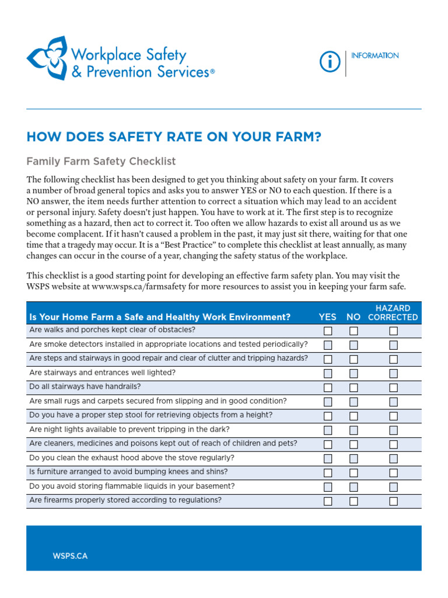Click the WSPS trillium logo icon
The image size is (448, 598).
(x=46, y=58)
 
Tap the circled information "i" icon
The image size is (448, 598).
(x=330, y=62)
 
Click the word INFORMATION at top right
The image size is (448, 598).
(x=375, y=55)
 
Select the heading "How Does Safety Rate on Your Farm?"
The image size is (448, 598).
(x=174, y=137)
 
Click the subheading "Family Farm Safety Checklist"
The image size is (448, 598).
(x=101, y=161)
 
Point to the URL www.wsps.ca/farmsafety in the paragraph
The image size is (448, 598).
(x=134, y=287)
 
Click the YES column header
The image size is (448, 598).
(x=327, y=317)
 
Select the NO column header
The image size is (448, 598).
(x=353, y=317)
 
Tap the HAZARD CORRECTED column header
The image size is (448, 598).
(x=393, y=312)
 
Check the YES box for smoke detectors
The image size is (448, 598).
(x=328, y=345)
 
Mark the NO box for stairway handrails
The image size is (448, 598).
(x=353, y=388)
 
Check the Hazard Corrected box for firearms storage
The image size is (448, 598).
(x=394, y=501)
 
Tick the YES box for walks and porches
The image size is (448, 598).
(x=328, y=331)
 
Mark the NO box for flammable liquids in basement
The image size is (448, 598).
(x=353, y=487)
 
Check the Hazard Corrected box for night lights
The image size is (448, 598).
(x=394, y=430)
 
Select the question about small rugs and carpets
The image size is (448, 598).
(x=157, y=401)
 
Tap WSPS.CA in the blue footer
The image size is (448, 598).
(x=70, y=556)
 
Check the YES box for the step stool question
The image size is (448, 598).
(x=328, y=416)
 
